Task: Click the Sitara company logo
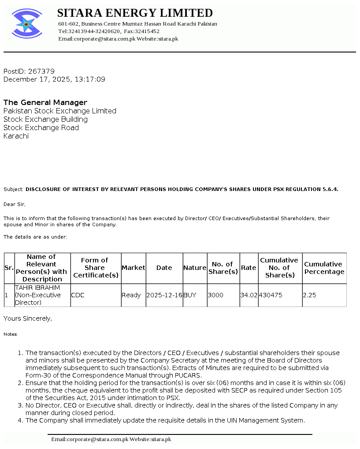pyautogui.click(x=27, y=23)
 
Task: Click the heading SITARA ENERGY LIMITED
pyautogui.click(x=135, y=13)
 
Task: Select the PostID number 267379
pyautogui.click(x=41, y=71)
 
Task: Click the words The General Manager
pyautogui.click(x=45, y=102)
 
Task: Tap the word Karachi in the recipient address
pyautogui.click(x=16, y=136)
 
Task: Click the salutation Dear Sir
pyautogui.click(x=15, y=204)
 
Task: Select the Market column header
pyautogui.click(x=133, y=268)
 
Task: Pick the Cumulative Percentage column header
pyautogui.click(x=324, y=268)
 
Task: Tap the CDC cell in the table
pyautogui.click(x=78, y=295)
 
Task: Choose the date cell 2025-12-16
pyautogui.click(x=164, y=295)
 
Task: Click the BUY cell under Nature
pyautogui.click(x=190, y=295)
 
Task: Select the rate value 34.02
pyautogui.click(x=249, y=295)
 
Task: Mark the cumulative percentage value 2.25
pyautogui.click(x=309, y=295)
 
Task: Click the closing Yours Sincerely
pyautogui.click(x=27, y=318)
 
